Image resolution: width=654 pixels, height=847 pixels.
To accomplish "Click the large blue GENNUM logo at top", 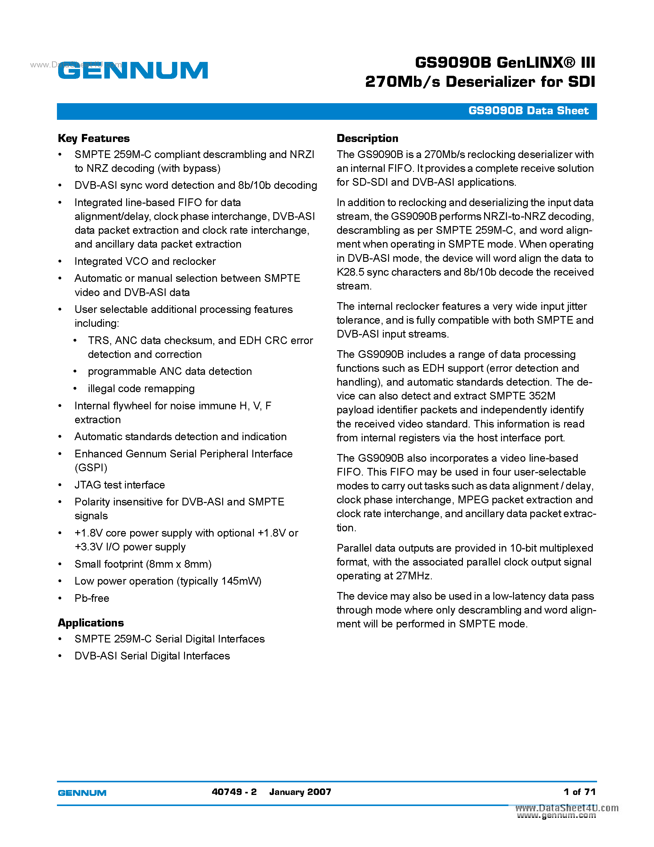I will (133, 71).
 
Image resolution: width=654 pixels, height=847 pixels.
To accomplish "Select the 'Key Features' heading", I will (94, 139).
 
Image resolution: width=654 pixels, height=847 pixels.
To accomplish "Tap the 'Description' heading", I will (367, 139).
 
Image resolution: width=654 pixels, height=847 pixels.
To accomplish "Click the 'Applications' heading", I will (91, 623).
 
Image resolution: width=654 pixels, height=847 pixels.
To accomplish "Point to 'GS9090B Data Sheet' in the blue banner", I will (528, 111).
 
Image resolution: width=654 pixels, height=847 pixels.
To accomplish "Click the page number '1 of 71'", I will (579, 792).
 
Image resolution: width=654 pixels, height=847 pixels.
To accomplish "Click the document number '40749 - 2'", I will (234, 792).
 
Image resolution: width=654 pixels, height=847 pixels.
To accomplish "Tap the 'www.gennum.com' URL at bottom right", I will (556, 816).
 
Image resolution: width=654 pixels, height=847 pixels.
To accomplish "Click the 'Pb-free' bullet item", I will (92, 598).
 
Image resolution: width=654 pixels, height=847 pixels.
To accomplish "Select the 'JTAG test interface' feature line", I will (120, 485).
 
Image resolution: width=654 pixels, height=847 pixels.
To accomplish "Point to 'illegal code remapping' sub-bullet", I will (141, 389).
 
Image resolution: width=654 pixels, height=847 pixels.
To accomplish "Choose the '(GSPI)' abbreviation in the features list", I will (91, 468).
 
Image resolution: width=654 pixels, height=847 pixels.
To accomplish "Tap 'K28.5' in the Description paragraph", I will (350, 272).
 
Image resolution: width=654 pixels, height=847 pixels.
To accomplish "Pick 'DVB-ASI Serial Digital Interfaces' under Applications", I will (152, 656).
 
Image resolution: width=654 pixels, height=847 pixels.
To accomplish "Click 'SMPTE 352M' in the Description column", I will (522, 396).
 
